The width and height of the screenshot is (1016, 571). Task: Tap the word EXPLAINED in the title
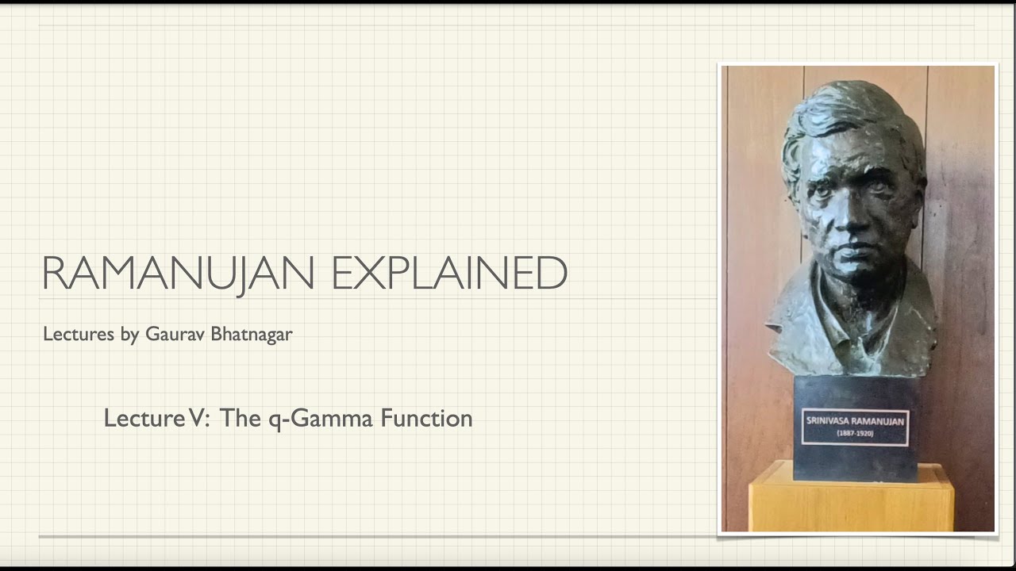(x=448, y=273)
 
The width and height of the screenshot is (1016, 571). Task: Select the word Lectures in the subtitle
(x=79, y=334)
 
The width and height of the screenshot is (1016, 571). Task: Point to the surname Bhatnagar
(x=252, y=335)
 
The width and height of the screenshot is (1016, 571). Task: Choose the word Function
(x=426, y=418)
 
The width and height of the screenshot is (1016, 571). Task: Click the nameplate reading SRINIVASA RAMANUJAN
(x=856, y=422)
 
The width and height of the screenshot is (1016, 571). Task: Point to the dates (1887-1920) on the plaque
(x=856, y=435)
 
